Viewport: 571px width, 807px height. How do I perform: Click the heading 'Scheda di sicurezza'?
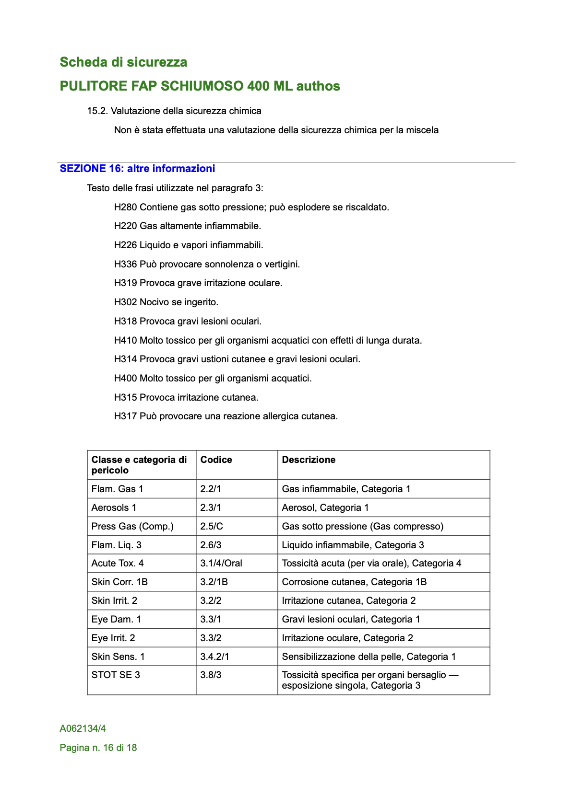coord(123,62)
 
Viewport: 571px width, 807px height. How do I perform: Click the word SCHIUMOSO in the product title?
coord(202,86)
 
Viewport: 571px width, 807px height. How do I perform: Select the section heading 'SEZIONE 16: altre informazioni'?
coord(137,169)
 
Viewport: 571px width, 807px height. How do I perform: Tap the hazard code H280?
coord(126,207)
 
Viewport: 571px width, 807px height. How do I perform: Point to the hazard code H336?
coord(126,264)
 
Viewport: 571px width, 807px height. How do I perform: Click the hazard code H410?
coord(126,340)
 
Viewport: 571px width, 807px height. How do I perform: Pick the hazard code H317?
coord(126,416)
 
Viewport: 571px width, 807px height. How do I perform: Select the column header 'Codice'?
coord(216,460)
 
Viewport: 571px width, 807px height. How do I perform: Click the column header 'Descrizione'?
coord(309,460)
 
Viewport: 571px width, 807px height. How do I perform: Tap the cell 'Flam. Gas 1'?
coord(117,489)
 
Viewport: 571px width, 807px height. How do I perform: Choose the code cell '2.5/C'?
coord(212,526)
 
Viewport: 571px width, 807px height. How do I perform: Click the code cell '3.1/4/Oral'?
coord(221,563)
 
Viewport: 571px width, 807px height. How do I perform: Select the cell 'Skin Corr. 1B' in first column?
coord(119,582)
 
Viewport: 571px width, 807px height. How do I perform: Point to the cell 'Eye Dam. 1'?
coord(116,619)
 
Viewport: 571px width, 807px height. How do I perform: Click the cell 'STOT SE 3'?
coord(116,675)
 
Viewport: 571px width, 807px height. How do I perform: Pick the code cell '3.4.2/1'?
coord(214,657)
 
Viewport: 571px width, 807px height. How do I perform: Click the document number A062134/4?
coord(83,728)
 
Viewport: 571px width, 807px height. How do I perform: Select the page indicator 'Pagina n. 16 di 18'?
coord(98,748)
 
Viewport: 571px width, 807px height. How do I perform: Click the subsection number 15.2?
coord(97,111)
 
